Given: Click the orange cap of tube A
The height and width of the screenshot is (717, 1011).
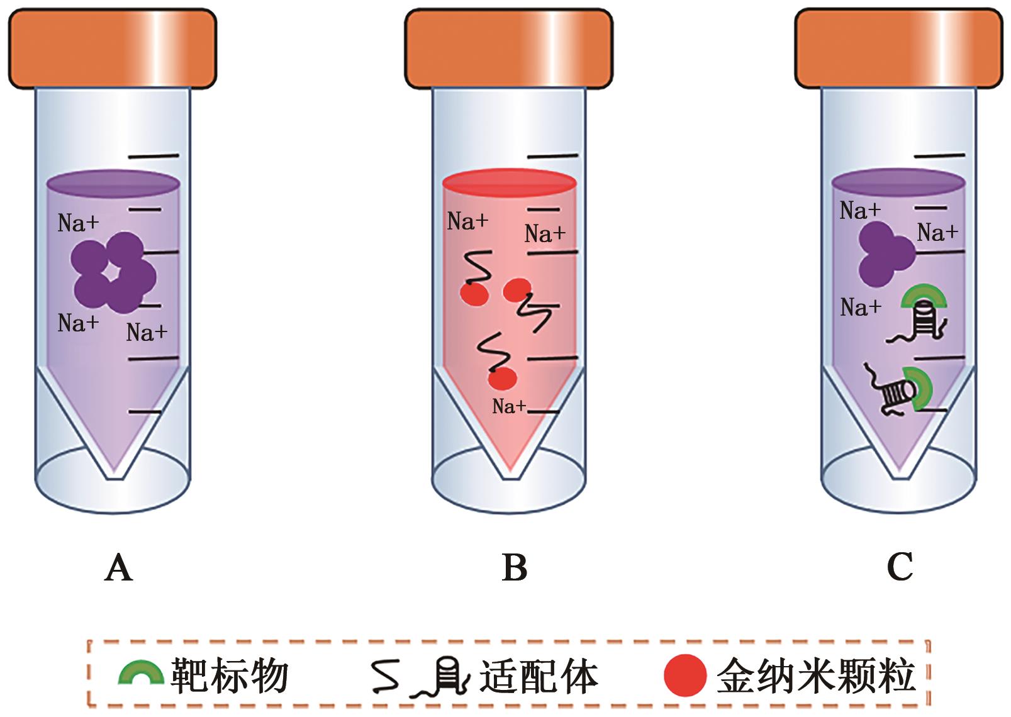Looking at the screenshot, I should (x=112, y=49).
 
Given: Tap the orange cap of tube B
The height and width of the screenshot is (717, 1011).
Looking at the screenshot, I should (x=508, y=49).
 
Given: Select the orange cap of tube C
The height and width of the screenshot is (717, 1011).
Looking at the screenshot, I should (x=898, y=49).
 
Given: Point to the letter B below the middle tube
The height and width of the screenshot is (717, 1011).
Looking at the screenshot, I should (x=515, y=568).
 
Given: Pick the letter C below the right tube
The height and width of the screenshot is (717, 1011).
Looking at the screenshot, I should (x=900, y=568).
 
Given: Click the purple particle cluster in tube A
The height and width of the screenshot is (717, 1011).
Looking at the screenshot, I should (x=113, y=273).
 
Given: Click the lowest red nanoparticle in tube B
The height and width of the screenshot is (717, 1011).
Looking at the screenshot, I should (x=502, y=378).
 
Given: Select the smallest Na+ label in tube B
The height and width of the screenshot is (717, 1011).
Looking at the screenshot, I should (x=508, y=406).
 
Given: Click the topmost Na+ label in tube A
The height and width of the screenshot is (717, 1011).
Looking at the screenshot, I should (x=78, y=223).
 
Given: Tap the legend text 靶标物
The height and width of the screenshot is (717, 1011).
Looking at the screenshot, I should (x=230, y=677).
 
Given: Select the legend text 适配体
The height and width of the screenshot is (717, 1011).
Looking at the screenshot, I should (x=539, y=677).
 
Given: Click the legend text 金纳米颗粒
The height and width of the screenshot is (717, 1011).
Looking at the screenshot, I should (x=815, y=677).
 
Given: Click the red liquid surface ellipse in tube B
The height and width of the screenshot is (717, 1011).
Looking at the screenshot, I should (x=509, y=182).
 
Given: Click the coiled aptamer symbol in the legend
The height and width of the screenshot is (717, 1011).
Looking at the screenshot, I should (x=444, y=679).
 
